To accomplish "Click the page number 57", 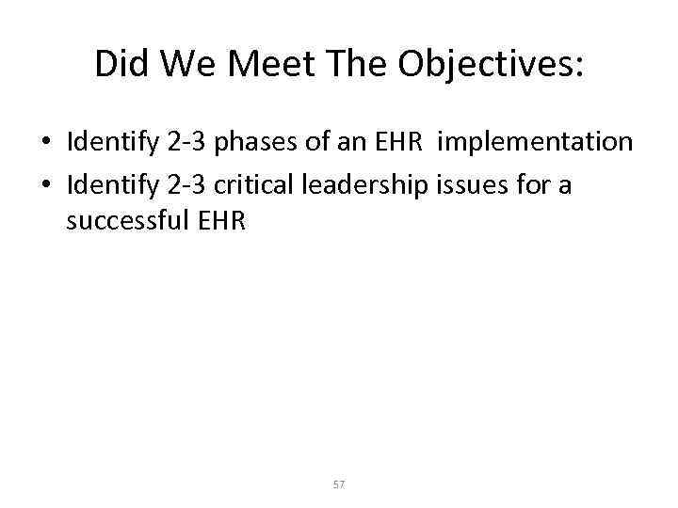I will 339,484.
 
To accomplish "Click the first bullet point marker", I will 45,144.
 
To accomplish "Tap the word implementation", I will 536,142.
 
